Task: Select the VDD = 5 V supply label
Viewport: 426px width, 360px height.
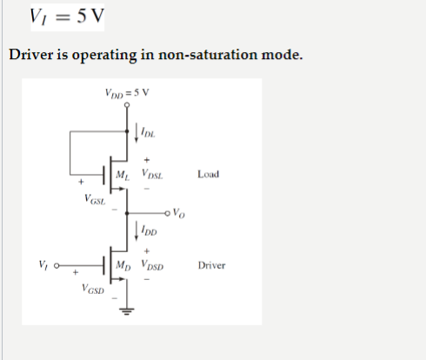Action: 126,93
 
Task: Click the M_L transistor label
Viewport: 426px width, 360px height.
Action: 123,175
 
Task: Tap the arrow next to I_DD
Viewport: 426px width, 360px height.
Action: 138,230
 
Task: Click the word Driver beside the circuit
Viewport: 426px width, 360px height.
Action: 211,264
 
